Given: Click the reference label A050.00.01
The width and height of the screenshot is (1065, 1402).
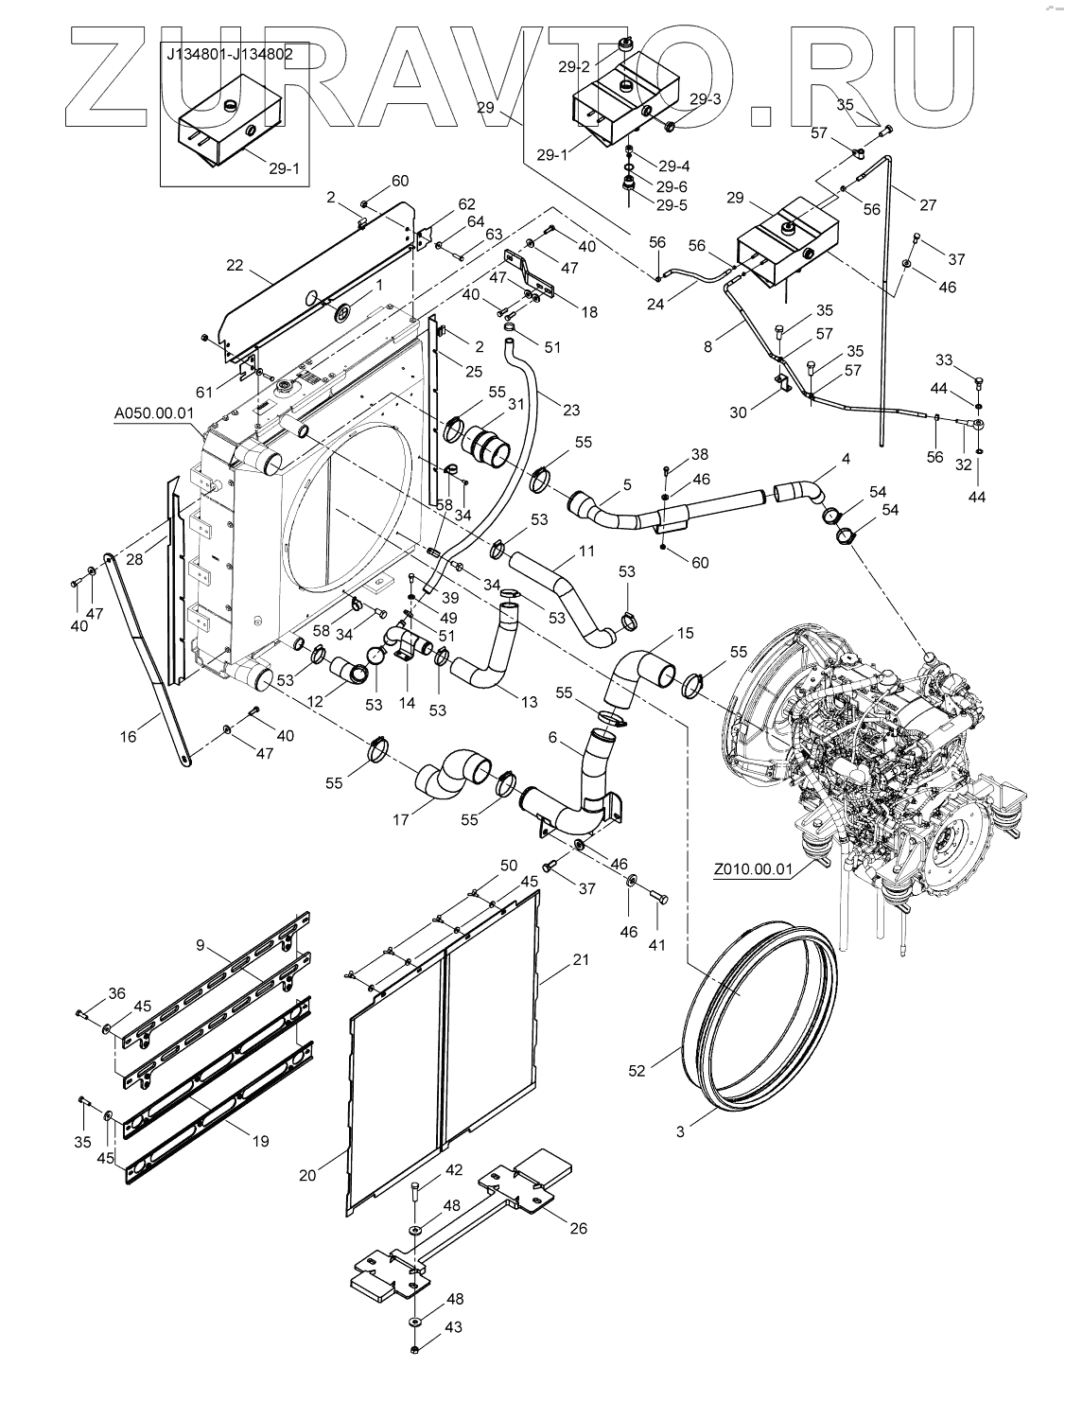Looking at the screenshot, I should pyautogui.click(x=154, y=412).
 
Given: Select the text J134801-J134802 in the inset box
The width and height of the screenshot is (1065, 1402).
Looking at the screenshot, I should pyautogui.click(x=230, y=54).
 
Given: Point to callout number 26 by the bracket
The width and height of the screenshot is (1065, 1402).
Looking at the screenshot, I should pyautogui.click(x=578, y=1228).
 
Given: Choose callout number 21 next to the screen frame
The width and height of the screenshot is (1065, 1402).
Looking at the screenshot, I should pyautogui.click(x=581, y=959).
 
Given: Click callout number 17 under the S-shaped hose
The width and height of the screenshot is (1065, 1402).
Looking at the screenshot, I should pyautogui.click(x=400, y=819).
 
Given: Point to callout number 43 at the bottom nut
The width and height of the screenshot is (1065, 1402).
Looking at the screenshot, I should pyautogui.click(x=454, y=1355).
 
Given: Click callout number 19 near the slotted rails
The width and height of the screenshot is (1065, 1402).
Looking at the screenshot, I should pyautogui.click(x=259, y=1141).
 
